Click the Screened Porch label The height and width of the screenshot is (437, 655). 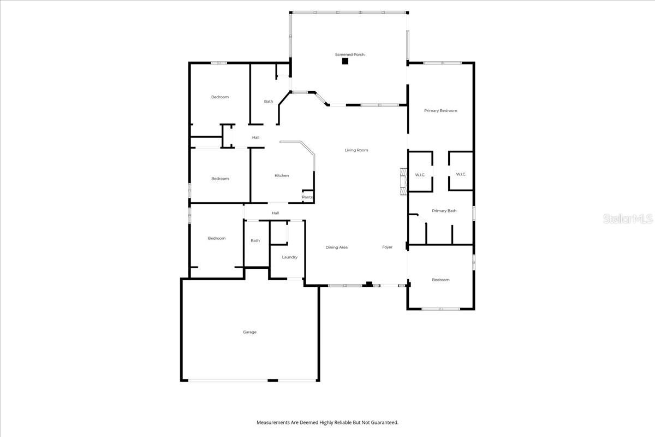(350, 55)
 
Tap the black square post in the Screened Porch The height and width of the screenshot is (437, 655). (345, 61)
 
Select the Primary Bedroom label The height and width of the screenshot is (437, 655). (440, 111)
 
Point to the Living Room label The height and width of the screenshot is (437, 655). (356, 150)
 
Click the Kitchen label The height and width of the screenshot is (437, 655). (282, 175)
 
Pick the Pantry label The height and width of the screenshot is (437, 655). (308, 197)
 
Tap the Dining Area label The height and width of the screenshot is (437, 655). (337, 247)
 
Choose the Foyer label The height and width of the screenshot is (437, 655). (387, 247)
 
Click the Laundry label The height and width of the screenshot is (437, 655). (289, 257)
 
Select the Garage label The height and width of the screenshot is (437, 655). (249, 332)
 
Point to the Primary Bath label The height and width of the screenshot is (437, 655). (444, 211)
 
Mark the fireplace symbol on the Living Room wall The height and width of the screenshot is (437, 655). (403, 181)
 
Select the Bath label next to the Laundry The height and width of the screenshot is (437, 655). (255, 241)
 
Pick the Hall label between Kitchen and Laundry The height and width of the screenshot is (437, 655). (276, 213)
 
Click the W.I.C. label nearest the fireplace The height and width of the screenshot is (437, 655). (420, 175)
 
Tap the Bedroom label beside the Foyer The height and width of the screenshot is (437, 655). (440, 280)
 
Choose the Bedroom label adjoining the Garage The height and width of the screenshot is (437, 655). (217, 238)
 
